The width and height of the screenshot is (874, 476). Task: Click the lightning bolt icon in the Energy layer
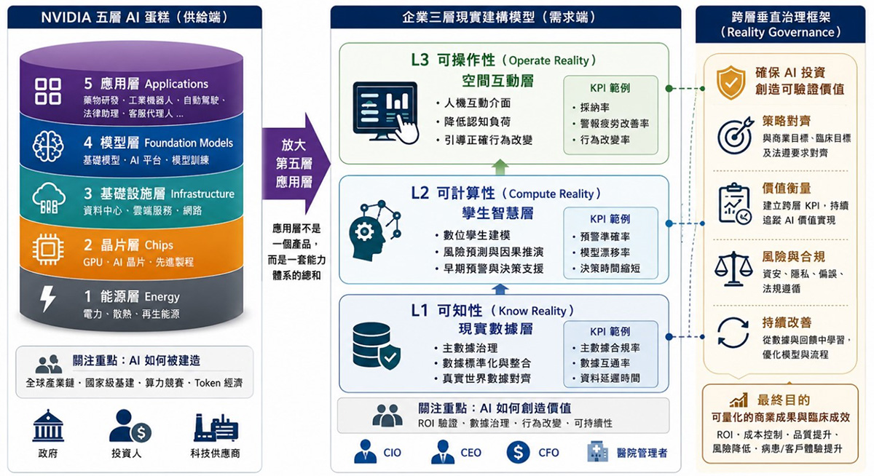47,298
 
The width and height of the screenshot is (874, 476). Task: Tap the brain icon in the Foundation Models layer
48,146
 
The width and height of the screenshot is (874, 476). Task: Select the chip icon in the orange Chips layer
48,249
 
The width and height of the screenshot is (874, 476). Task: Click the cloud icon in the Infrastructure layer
49,198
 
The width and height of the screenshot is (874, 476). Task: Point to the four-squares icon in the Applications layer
47,91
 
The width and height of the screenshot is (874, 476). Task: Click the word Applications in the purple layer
176,84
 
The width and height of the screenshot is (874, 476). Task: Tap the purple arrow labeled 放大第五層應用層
296,163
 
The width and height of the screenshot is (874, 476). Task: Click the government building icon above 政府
48,425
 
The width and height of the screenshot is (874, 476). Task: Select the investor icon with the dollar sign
130,426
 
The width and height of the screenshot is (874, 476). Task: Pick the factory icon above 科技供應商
216,428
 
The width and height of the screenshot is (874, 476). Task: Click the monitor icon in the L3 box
385,112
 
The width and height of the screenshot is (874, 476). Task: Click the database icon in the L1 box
376,346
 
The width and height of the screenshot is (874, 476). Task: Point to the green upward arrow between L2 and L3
500,167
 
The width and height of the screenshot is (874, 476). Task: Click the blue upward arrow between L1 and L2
500,289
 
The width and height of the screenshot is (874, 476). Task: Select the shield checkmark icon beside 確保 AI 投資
731,82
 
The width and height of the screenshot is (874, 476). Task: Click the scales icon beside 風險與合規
733,269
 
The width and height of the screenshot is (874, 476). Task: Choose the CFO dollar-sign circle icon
518,452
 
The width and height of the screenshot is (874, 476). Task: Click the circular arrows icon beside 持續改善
733,333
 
